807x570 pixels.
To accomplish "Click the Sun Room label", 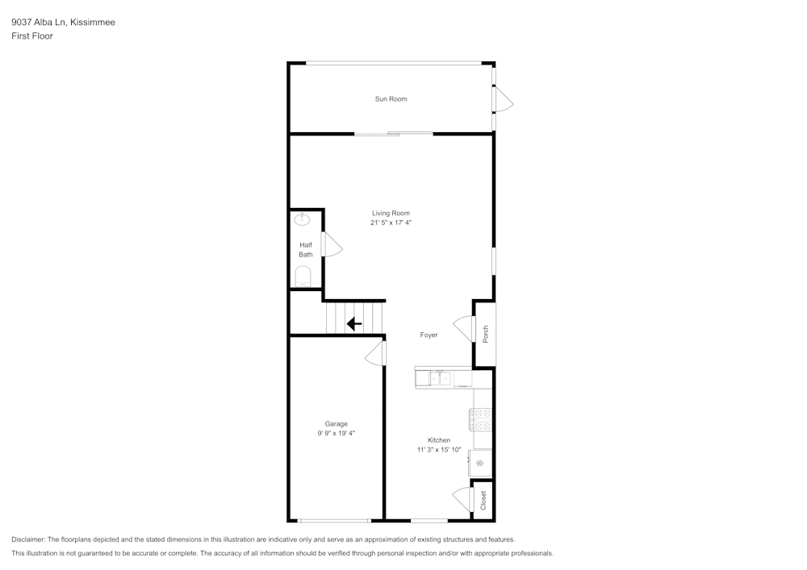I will tap(391, 99).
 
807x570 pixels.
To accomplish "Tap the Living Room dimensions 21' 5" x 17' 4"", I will tap(391, 223).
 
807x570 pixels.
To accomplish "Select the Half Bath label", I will tap(306, 250).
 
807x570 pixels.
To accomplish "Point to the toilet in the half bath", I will tap(303, 278).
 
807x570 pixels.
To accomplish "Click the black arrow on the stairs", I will tap(353, 324).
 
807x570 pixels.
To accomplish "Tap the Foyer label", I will tap(429, 335).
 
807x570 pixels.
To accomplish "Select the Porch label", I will tap(485, 334).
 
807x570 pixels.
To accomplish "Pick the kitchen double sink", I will tap(440, 377).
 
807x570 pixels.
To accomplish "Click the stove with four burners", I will tap(482, 418).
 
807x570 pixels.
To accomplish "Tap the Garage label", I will tap(336, 424).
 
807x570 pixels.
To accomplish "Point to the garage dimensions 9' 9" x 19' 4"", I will tap(336, 434).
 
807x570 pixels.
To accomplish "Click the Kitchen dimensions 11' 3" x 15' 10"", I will tap(439, 450).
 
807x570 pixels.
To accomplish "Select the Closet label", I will tap(483, 501).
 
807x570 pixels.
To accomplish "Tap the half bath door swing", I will tap(331, 244).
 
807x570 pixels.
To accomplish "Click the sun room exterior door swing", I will tap(503, 100).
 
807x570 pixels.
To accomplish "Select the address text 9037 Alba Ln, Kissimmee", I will tap(63, 23).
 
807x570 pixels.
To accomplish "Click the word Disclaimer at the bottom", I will tap(28, 539).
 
